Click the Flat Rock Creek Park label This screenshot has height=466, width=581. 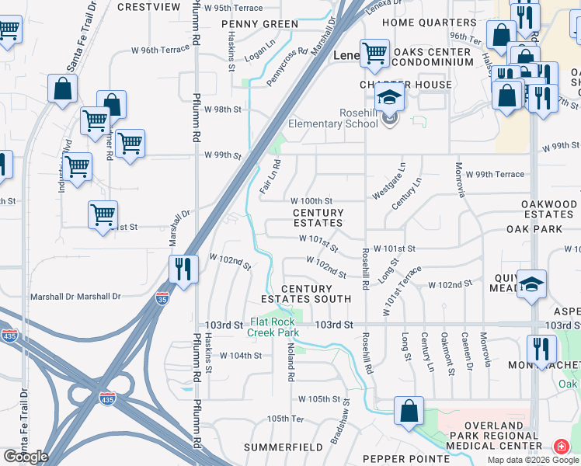[x=273, y=327]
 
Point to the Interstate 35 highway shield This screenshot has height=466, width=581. [x=162, y=298]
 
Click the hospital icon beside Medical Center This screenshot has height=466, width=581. [x=560, y=447]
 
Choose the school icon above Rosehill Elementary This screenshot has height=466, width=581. [x=389, y=97]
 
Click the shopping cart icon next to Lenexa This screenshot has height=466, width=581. [x=375, y=53]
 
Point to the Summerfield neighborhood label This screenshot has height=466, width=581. [x=283, y=447]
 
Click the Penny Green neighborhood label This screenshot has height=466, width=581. [x=259, y=24]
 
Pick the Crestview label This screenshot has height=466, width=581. [x=148, y=6]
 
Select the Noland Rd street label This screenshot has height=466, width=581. [x=291, y=364]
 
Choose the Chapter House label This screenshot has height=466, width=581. [x=405, y=84]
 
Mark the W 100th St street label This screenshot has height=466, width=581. [x=311, y=201]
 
